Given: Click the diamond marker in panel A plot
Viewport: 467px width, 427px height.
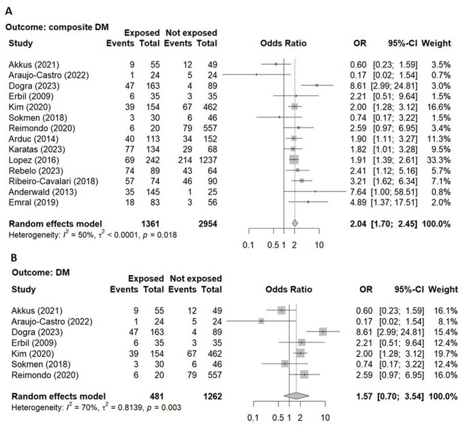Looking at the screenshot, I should coord(295,223).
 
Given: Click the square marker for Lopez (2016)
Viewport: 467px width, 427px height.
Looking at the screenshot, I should coord(294,158).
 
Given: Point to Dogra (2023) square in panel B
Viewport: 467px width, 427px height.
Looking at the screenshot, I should coord(322,332).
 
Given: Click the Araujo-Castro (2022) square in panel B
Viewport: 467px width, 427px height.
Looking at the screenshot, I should coord(261,321).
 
